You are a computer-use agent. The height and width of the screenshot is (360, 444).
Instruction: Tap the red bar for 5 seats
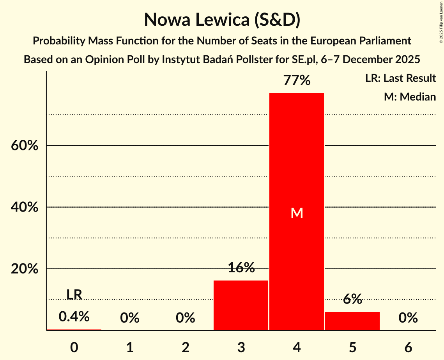tap(352, 321)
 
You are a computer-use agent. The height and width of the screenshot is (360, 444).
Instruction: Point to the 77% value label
tap(297, 81)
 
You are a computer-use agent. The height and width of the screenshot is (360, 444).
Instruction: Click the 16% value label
tap(241, 268)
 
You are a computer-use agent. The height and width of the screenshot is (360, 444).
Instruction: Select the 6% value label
tap(352, 299)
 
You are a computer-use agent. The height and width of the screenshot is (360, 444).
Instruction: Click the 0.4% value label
tap(74, 317)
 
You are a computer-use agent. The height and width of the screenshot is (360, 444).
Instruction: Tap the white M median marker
tap(297, 213)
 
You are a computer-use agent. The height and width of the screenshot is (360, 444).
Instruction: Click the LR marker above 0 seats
tap(74, 295)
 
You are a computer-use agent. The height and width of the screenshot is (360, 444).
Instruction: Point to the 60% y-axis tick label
tap(24, 146)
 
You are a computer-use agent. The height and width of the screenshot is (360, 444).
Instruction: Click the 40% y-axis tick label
tap(24, 207)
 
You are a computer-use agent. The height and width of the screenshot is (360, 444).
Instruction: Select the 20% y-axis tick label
tap(24, 269)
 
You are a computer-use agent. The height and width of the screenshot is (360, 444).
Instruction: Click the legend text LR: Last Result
tap(400, 78)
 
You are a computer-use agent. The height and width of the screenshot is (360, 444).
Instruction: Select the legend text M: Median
tap(410, 97)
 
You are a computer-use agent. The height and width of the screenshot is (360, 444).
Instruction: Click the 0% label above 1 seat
tap(130, 318)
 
